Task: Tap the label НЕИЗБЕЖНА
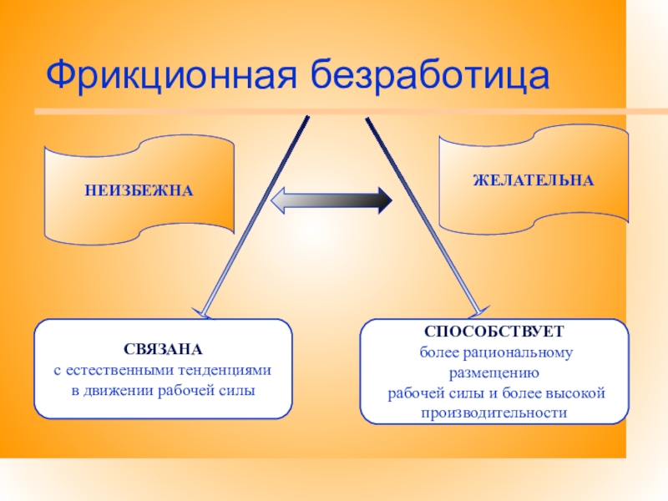tap(139, 191)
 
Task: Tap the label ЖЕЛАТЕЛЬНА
tap(534, 180)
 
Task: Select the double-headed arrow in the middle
tap(332, 200)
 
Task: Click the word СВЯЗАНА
tap(163, 348)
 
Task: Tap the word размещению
tap(495, 372)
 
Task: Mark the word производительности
tap(494, 412)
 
